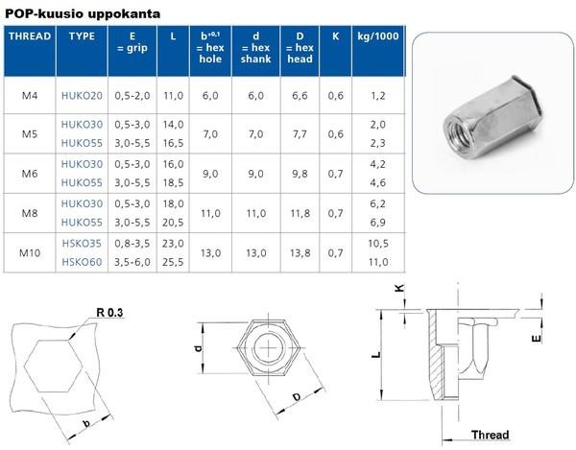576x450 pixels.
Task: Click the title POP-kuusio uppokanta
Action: (83, 13)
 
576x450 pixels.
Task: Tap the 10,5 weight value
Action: (377, 245)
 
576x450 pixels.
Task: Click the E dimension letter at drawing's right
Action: (539, 337)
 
